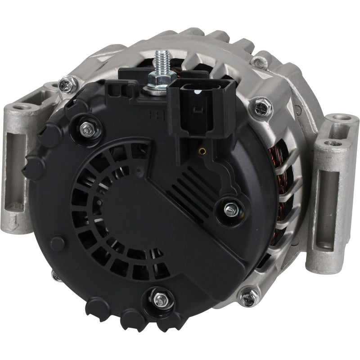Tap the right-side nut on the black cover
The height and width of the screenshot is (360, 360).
tap(230, 208)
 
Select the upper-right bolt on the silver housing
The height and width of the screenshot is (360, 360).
tap(262, 107)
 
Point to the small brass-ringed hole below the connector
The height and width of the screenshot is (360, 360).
tap(202, 151)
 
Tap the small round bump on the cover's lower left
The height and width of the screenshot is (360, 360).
tap(58, 243)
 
